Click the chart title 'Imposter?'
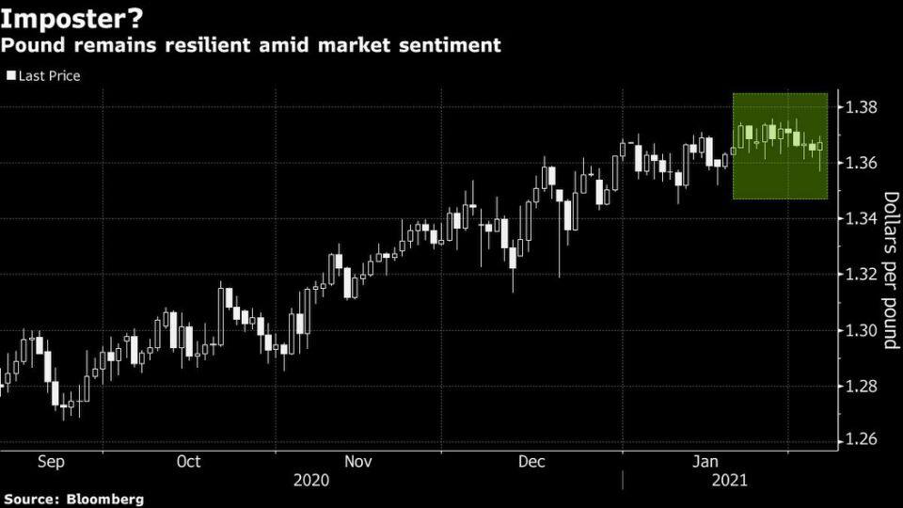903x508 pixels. pos(71,19)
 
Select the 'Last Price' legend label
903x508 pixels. pos(50,76)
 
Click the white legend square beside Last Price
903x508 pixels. pos(11,75)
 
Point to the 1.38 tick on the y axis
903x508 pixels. pos(861,107)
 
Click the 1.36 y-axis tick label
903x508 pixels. pos(861,163)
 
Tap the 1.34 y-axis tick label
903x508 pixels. pos(861,218)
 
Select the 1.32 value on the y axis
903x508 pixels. pos(861,274)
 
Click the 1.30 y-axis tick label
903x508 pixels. pos(861,330)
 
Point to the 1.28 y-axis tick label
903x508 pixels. pos(861,386)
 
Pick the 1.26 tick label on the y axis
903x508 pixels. pos(861,440)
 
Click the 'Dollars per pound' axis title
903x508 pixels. pos(891,270)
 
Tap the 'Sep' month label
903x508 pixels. pos(51,462)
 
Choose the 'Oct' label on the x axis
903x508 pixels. pos(188,461)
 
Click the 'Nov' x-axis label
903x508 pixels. pos(358,461)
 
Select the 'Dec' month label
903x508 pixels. pos(531,461)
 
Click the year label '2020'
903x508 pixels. pos(311,481)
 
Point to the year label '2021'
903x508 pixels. pos(730,481)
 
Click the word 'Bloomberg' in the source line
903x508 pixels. pos(105,499)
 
